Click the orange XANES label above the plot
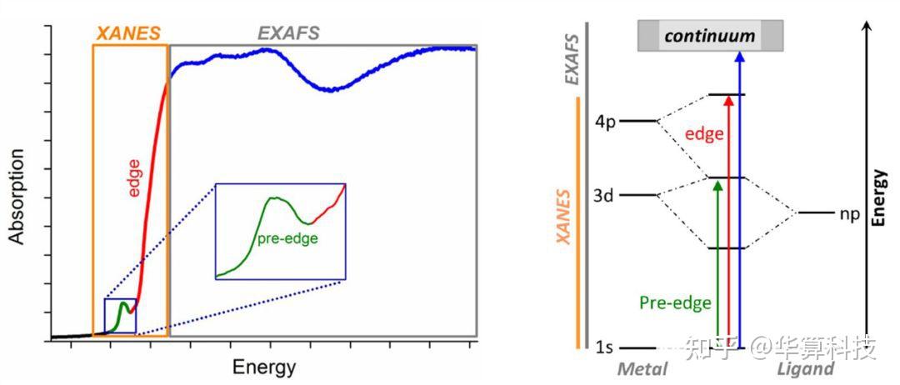pos(128,33)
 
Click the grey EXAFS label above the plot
pos(288,33)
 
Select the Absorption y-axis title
pos(17,197)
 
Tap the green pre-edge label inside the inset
pos(287,238)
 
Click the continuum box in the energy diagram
pos(710,36)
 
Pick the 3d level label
pos(605,196)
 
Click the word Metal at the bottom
pos(642,368)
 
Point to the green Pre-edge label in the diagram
pos(675,302)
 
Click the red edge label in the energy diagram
pos(704,135)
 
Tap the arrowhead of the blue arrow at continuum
pos(740,56)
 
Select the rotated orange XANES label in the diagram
pos(564,217)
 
